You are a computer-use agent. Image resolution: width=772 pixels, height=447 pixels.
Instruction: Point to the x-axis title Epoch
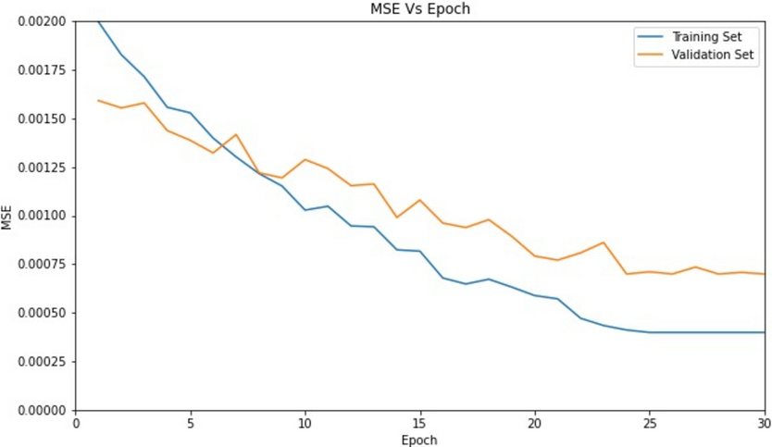pos(419,440)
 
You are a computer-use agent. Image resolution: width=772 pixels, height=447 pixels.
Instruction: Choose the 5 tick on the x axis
pos(191,424)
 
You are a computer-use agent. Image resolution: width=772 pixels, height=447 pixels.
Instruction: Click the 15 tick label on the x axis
pos(420,424)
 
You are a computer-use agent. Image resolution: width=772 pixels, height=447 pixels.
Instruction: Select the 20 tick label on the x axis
pos(535,424)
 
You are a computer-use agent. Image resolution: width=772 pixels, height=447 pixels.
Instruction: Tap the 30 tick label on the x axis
pos(764,424)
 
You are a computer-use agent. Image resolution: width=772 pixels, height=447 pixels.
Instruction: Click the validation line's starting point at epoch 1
pos(99,100)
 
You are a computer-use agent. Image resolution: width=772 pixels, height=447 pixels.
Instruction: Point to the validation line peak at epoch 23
pos(604,242)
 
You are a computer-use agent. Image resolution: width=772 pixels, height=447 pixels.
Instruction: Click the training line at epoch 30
pos(764,332)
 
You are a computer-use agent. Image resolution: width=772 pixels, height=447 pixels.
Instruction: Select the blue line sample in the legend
pos(650,37)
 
